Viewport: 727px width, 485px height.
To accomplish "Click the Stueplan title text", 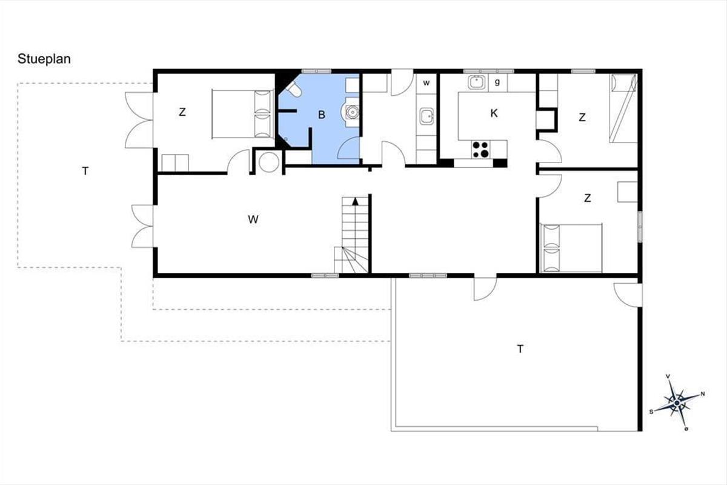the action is coord(44,59).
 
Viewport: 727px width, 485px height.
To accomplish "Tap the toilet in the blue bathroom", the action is coord(294,89).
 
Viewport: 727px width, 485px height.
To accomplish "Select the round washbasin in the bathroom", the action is coord(352,112).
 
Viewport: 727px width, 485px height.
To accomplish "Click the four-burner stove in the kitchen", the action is coord(480,149).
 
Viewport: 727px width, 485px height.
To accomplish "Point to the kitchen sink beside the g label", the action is coord(477,82).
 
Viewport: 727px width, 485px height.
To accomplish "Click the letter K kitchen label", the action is coord(494,113).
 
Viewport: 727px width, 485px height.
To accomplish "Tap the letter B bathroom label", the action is coord(322,115).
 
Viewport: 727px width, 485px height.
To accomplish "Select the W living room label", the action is coord(253,219).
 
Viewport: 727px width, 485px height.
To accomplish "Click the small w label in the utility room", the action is coord(427,83).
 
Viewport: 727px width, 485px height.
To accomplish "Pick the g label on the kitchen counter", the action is coord(497,82).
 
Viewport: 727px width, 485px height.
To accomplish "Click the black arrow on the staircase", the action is coord(356,201).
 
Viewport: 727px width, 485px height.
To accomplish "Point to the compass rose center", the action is coord(677,403).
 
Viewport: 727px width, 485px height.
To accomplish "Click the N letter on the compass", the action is coord(703,394).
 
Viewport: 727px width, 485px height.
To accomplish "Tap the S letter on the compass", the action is coord(651,412).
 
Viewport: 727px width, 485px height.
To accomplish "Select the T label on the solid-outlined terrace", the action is coord(520,349).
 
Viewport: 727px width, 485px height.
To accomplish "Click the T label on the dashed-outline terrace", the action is coord(85,171).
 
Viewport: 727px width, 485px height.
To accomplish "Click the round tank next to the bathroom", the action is coord(269,162).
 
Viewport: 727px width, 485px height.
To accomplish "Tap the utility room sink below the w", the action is coord(427,116).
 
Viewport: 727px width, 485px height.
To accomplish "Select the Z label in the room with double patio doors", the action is coord(182,112).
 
